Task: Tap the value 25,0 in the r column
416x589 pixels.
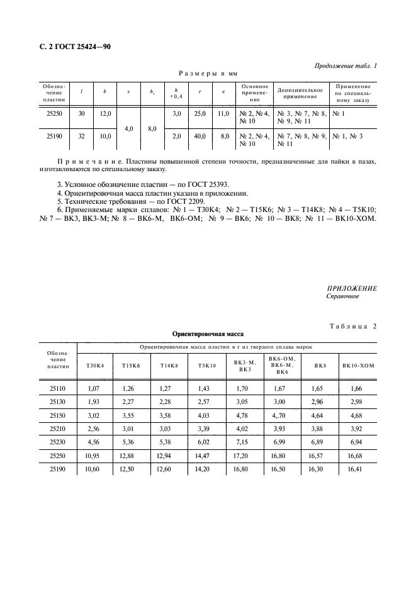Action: pyautogui.click(x=199, y=114)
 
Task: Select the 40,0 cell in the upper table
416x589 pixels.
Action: pyautogui.click(x=199, y=136)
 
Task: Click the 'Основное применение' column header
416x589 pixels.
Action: pyautogui.click(x=254, y=93)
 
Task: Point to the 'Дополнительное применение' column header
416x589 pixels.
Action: pyautogui.click(x=300, y=93)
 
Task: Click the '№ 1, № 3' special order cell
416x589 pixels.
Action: pyautogui.click(x=347, y=136)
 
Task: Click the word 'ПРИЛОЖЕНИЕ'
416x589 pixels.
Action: pyautogui.click(x=352, y=288)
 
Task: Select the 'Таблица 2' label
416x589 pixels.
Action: pyautogui.click(x=352, y=325)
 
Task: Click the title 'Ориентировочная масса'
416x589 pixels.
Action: pyautogui.click(x=208, y=334)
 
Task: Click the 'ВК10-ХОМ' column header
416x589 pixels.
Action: pyautogui.click(x=357, y=366)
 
